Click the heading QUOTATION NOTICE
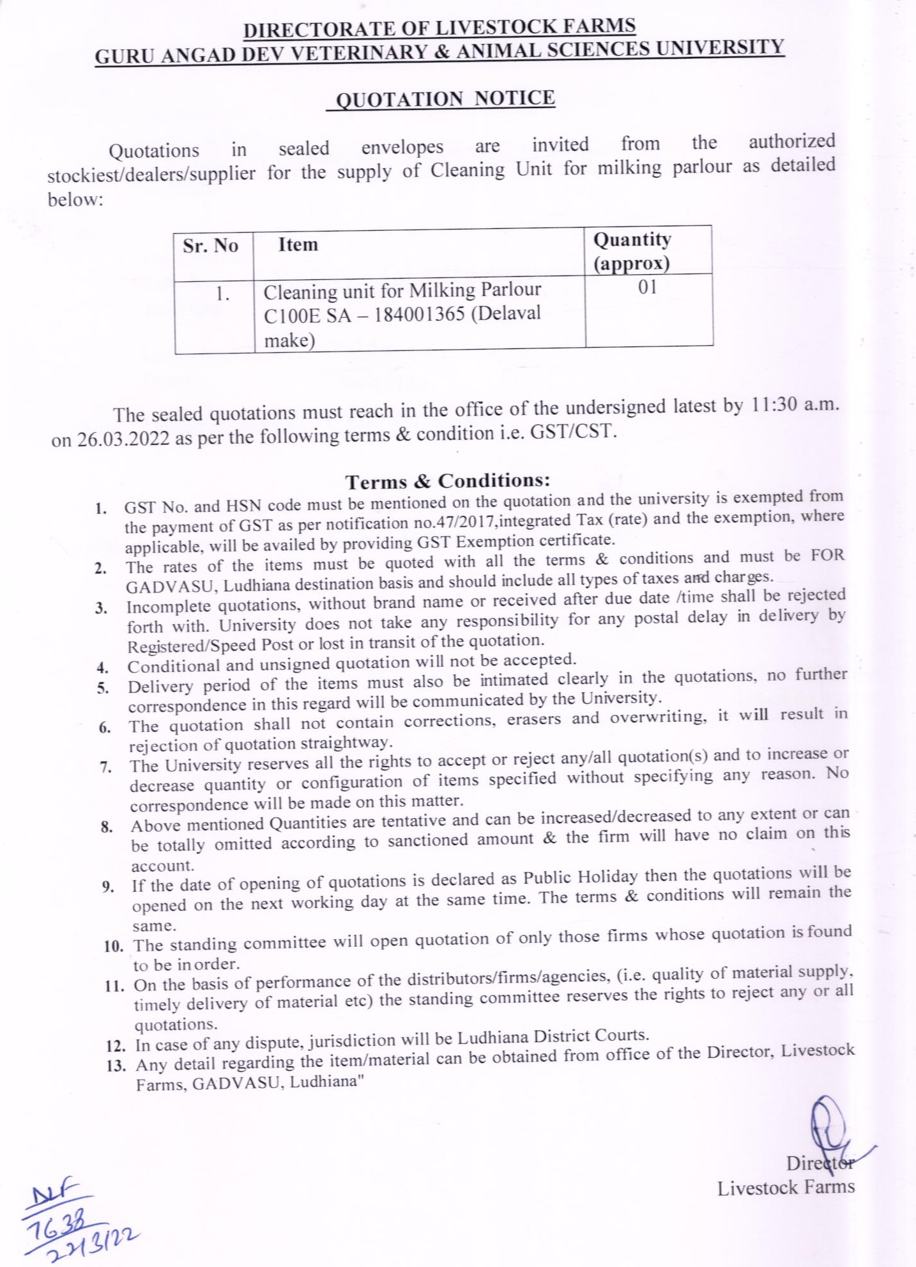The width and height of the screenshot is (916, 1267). pos(445,99)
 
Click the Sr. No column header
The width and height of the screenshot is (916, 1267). pos(210,246)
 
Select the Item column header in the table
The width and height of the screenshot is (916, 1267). pos(298,244)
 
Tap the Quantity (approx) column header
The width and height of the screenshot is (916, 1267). pos(632,251)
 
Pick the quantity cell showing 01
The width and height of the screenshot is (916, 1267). pos(647,288)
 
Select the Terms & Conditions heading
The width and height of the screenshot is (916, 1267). pos(448,480)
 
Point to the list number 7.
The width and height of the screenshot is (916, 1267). pos(106,766)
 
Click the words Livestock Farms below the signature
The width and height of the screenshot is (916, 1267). pos(786,1188)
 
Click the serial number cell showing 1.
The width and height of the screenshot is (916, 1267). pos(222,294)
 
